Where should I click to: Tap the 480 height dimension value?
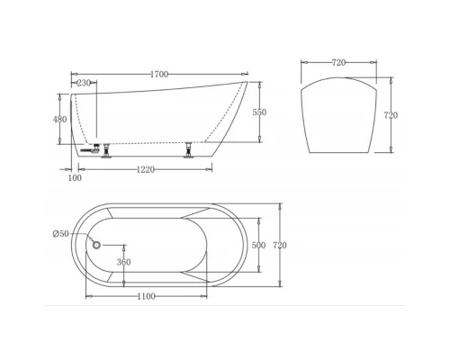click(60, 120)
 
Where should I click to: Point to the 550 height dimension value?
click(259, 112)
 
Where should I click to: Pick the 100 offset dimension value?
click(75, 178)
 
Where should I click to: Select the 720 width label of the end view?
click(338, 64)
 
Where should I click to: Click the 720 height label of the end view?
click(391, 115)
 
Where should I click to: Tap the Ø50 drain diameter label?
click(60, 235)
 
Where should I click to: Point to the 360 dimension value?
click(123, 263)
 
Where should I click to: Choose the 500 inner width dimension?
click(258, 245)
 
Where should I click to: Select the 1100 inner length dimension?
click(146, 296)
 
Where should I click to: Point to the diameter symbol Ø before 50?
click(56, 235)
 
